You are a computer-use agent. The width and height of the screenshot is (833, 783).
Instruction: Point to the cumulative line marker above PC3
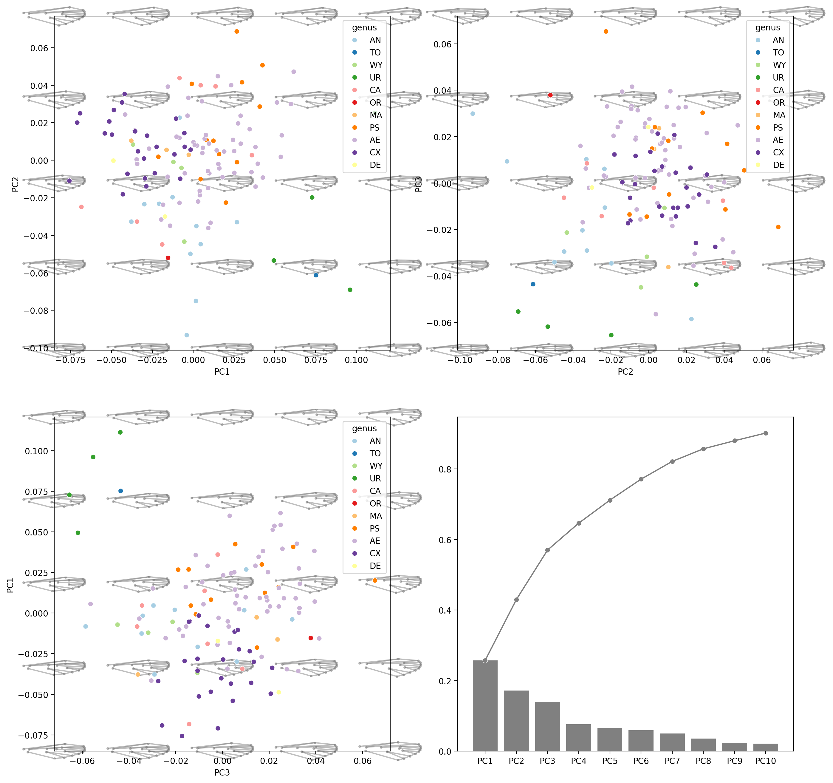pos(547,550)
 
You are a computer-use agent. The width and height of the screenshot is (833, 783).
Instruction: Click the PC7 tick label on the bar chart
pos(672,761)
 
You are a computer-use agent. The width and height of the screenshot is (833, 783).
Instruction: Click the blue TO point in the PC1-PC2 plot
pos(316,275)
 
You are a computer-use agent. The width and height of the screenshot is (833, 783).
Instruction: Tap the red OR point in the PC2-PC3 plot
pos(550,95)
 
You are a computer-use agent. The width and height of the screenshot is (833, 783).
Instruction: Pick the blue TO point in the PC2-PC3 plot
pos(533,284)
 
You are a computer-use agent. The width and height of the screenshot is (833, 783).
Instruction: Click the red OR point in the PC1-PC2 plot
pos(168,258)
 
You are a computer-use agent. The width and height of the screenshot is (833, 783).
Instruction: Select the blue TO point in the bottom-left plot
pos(121,491)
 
